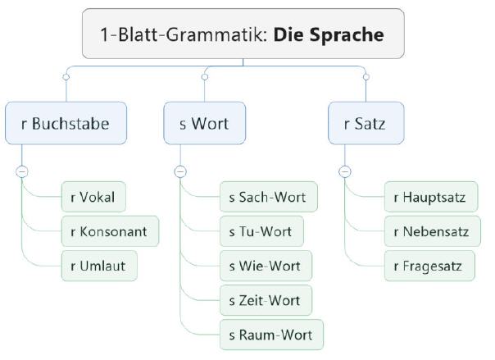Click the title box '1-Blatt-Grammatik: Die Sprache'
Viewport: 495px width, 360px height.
pyautogui.click(x=243, y=34)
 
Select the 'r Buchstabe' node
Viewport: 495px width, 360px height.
pyautogui.click(x=66, y=125)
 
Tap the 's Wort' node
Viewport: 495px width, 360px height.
pyautogui.click(x=203, y=125)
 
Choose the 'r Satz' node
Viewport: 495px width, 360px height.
pyautogui.click(x=365, y=125)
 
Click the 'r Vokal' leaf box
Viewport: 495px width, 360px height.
pyautogui.click(x=93, y=197)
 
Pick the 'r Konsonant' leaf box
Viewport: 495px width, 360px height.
pyautogui.click(x=109, y=231)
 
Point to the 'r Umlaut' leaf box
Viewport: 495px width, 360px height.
pyautogui.click(x=98, y=266)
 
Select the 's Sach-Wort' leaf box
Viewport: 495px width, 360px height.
pyautogui.click(x=268, y=197)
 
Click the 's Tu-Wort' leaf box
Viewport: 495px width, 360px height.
pyautogui.click(x=261, y=231)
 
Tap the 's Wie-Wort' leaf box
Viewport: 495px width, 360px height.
pyautogui.click(x=265, y=266)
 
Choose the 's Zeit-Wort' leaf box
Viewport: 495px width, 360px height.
pyautogui.click(x=265, y=300)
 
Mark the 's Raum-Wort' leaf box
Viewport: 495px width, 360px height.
pyautogui.click(x=270, y=335)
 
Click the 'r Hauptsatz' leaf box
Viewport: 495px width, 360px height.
pyautogui.click(x=430, y=197)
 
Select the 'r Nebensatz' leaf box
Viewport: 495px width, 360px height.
pyautogui.click(x=431, y=231)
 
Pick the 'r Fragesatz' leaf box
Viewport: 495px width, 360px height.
pyautogui.click(x=428, y=266)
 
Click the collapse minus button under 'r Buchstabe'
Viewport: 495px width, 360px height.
pyautogui.click(x=21, y=171)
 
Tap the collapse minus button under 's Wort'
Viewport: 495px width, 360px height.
pyautogui.click(x=180, y=171)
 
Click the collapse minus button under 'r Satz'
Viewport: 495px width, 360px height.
pyautogui.click(x=344, y=171)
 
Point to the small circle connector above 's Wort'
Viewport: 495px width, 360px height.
pyautogui.click(x=204, y=76)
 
